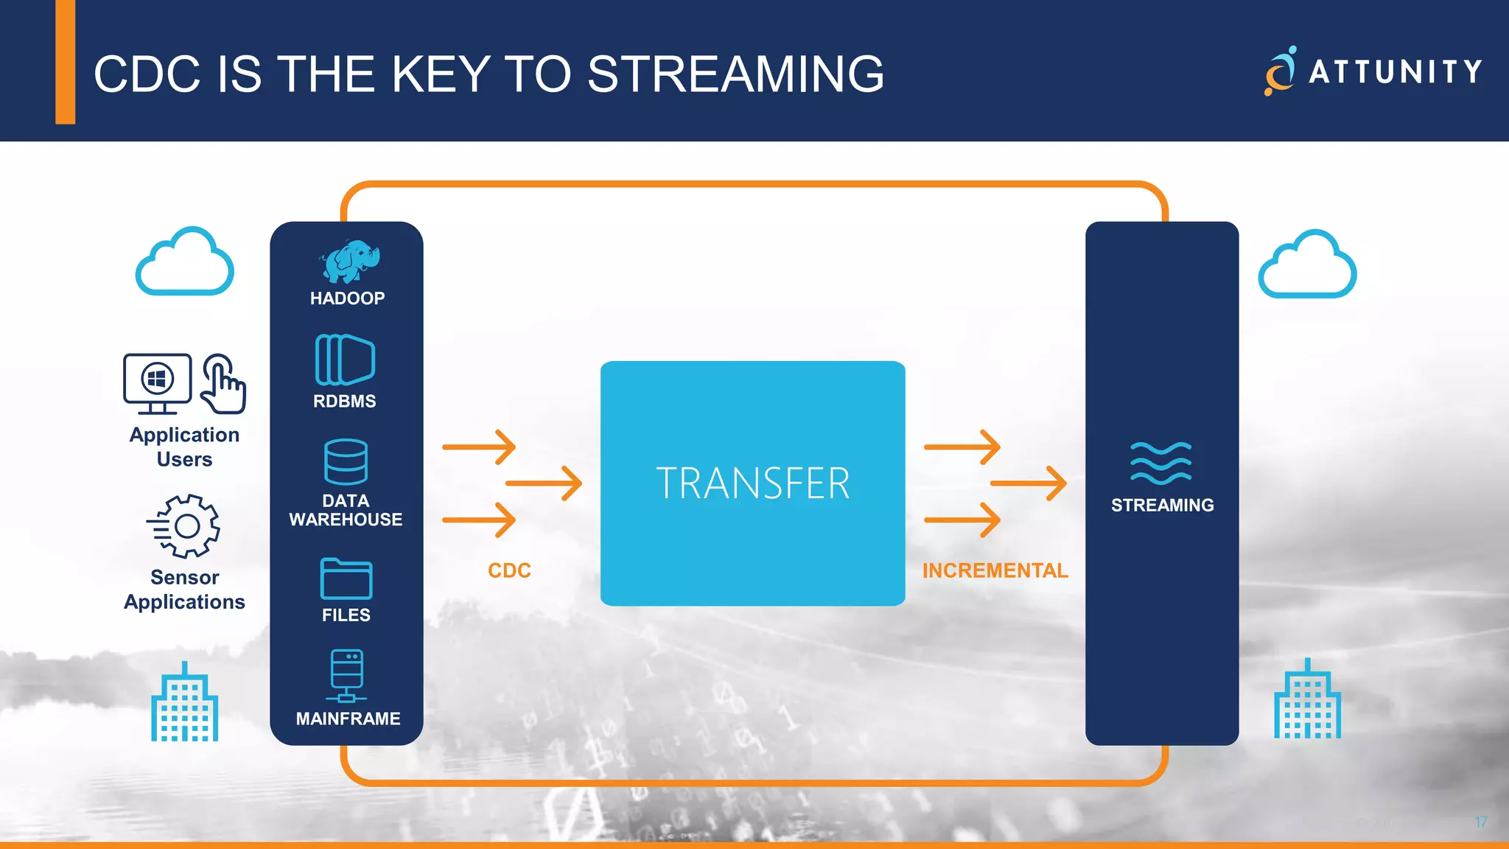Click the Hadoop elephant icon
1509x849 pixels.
(x=349, y=261)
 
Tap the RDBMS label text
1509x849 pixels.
(x=344, y=401)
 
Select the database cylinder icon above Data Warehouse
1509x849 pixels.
(x=346, y=462)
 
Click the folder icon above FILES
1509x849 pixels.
(x=346, y=579)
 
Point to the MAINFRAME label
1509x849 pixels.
(x=348, y=719)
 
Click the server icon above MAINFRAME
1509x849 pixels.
(x=346, y=674)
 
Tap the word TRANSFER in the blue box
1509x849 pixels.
(x=752, y=483)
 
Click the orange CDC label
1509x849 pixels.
(x=509, y=570)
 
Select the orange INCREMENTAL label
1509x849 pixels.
(x=995, y=570)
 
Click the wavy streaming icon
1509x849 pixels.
(x=1160, y=463)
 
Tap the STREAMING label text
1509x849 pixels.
(x=1162, y=505)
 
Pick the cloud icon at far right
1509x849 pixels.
(x=1307, y=265)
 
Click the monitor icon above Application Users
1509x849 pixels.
(x=158, y=382)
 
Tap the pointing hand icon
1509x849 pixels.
(x=223, y=384)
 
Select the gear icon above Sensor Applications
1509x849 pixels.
(x=184, y=525)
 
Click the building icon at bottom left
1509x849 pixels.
(x=184, y=703)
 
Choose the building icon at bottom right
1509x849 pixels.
(x=1307, y=700)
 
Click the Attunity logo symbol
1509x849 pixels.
(x=1281, y=71)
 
